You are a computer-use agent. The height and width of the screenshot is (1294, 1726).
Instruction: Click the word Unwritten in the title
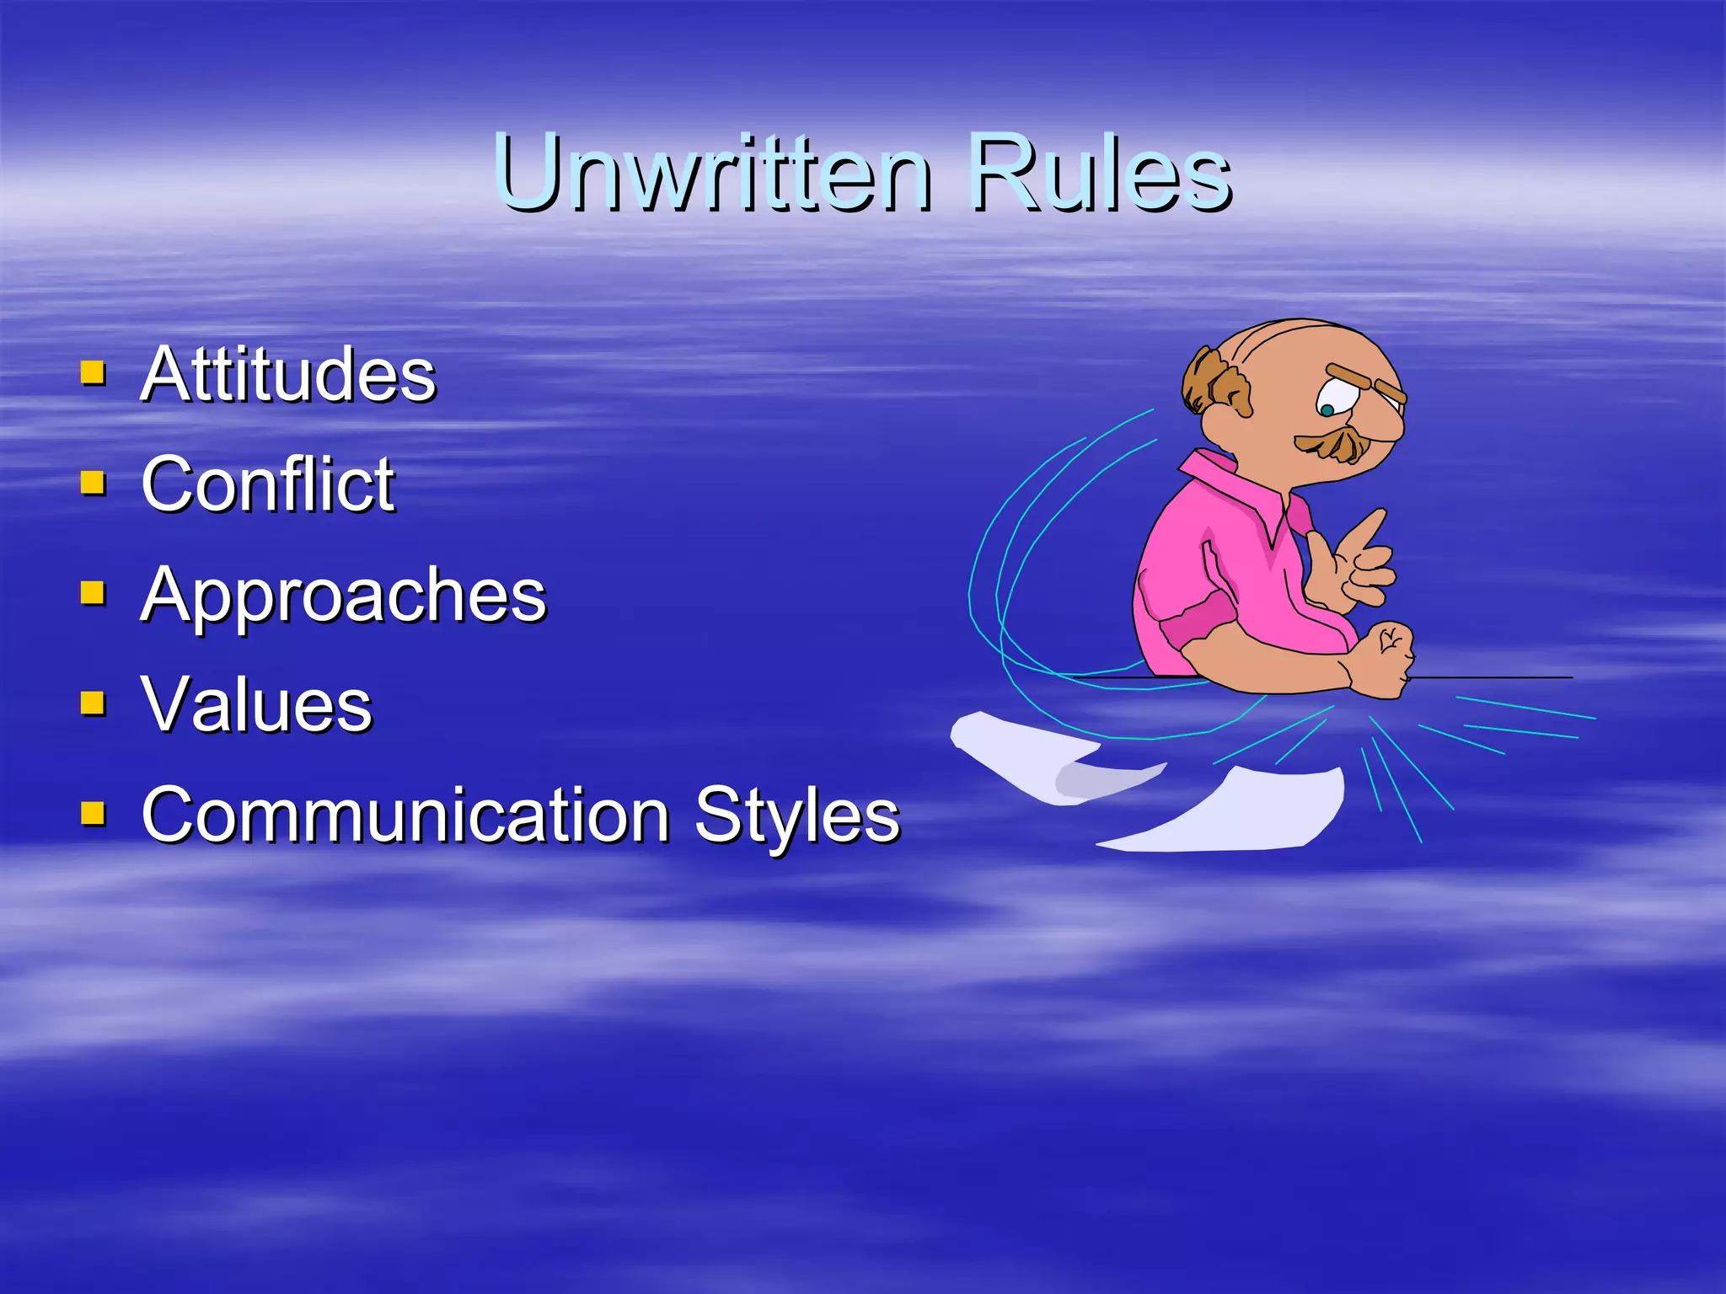coord(713,174)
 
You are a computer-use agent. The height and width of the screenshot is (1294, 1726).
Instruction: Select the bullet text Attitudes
coord(288,375)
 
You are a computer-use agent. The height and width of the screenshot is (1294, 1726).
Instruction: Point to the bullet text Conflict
coord(268,484)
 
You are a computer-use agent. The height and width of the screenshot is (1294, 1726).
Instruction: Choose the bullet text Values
coord(257,705)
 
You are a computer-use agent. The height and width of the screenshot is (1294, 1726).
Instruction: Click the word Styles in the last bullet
coord(797,815)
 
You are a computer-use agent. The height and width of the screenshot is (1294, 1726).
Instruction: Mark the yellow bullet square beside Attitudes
coord(93,372)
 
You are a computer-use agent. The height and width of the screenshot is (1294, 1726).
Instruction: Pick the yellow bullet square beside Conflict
coord(93,482)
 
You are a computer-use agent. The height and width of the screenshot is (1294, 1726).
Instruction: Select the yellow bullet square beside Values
coord(93,703)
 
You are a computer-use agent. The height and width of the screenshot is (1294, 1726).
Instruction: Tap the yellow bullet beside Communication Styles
coord(93,813)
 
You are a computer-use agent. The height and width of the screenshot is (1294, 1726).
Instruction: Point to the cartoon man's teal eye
coord(1327,410)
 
